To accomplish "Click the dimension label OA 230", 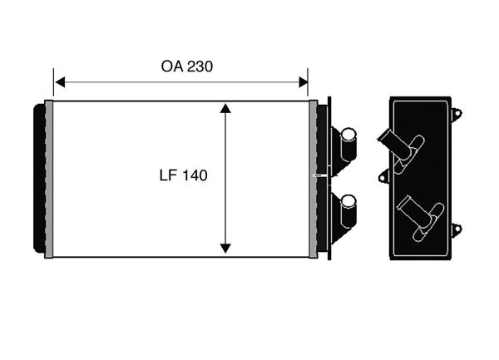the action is pyautogui.click(x=187, y=67).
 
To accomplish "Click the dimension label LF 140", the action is pyautogui.click(x=183, y=175).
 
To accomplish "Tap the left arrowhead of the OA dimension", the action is pyautogui.click(x=60, y=82).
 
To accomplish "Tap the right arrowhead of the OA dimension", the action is pyautogui.click(x=304, y=82).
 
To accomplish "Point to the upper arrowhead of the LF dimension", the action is pyautogui.click(x=225, y=108).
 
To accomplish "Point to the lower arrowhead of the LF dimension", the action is pyautogui.click(x=225, y=249).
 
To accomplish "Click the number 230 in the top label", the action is pyautogui.click(x=200, y=67).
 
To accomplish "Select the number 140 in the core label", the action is pyautogui.click(x=195, y=175).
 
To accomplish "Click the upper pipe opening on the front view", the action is pyautogui.click(x=348, y=134).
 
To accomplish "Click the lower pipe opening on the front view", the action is pyautogui.click(x=348, y=202).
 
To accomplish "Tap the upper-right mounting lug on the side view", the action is pyautogui.click(x=457, y=114).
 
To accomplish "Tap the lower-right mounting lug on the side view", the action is pyautogui.click(x=457, y=229).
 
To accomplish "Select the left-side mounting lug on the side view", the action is pyautogui.click(x=384, y=177).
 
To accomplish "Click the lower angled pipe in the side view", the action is pyautogui.click(x=421, y=217).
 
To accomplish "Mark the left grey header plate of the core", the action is pyautogui.click(x=49, y=179).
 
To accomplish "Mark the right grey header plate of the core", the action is pyautogui.click(x=314, y=179).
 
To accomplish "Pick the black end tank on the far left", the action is pyautogui.click(x=39, y=178).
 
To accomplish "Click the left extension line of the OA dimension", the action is pyautogui.click(x=53, y=81).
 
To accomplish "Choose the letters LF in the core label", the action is pyautogui.click(x=167, y=175).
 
